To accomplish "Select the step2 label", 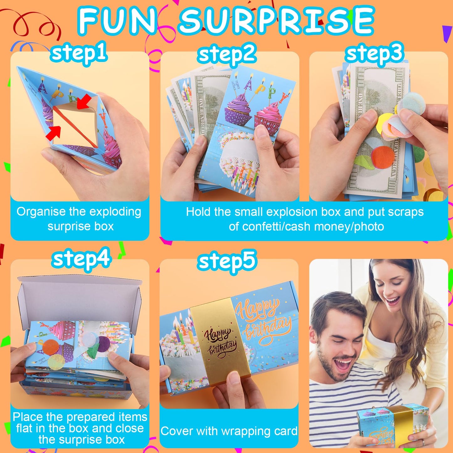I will [227, 54].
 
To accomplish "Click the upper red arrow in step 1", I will [85, 102].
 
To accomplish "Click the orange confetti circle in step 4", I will [50, 347].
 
